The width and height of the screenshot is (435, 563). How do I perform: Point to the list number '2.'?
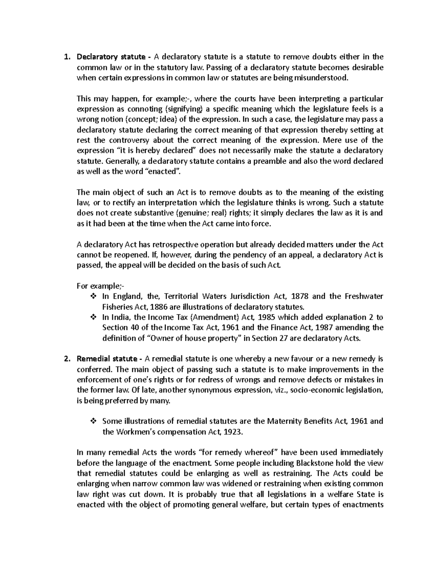tap(66, 359)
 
